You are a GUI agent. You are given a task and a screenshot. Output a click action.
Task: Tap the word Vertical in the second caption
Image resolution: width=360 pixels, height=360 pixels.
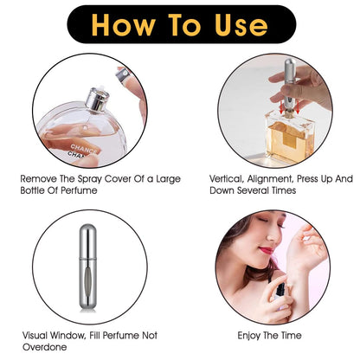pos(227,179)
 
